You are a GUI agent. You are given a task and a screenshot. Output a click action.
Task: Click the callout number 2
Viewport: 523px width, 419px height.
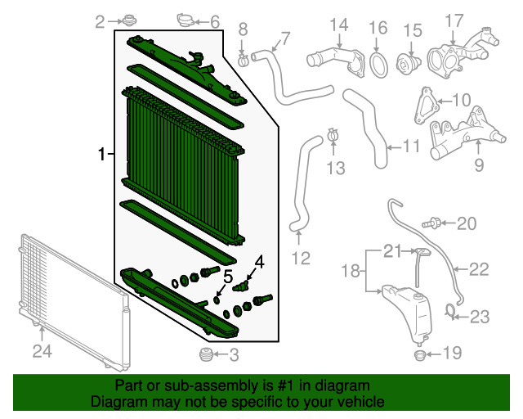tap(100, 22)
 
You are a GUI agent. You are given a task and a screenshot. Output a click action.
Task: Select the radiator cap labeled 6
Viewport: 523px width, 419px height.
tap(185, 20)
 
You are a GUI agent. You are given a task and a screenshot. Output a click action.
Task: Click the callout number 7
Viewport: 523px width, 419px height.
tap(285, 38)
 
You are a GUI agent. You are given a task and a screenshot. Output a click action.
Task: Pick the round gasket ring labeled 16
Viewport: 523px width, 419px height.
tap(378, 62)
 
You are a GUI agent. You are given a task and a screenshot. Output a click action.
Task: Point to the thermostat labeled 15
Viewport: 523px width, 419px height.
tap(407, 64)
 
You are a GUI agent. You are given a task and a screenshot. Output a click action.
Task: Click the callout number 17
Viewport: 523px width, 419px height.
tap(454, 20)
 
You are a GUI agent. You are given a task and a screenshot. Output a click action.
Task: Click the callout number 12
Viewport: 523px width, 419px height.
tap(302, 259)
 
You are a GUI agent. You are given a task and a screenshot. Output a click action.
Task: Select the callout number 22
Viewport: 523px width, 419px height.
tap(479, 268)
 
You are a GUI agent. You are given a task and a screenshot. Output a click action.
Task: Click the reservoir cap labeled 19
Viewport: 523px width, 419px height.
tap(419, 355)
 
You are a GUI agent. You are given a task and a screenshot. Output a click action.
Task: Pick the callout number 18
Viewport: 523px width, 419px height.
tap(351, 270)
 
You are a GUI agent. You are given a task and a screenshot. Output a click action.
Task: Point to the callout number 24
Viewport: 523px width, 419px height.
tap(42, 354)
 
